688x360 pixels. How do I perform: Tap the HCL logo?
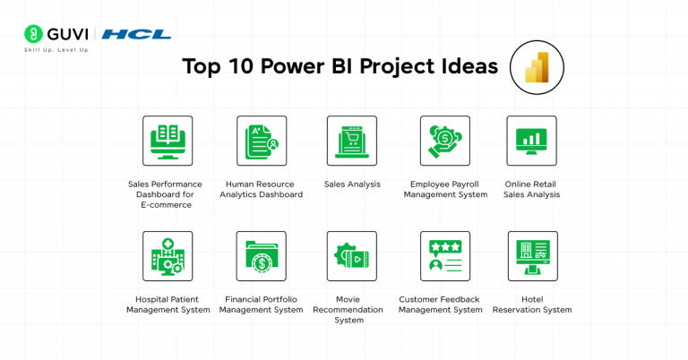click(x=136, y=34)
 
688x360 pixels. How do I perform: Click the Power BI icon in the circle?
click(x=537, y=68)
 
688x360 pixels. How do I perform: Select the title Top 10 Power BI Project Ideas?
click(x=340, y=68)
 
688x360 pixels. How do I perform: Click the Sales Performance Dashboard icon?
click(x=168, y=141)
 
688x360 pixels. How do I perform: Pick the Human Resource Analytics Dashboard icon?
click(x=262, y=141)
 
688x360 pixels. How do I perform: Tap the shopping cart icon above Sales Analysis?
click(x=351, y=141)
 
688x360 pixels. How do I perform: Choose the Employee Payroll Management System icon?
click(x=445, y=141)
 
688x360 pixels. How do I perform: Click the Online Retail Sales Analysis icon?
click(x=531, y=141)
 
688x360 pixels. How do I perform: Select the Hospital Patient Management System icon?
click(x=168, y=256)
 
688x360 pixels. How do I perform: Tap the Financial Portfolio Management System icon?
click(x=262, y=256)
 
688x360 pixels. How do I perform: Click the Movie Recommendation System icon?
click(x=351, y=256)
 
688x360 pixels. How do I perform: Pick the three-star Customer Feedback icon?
click(x=445, y=256)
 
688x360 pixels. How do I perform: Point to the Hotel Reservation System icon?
click(x=532, y=256)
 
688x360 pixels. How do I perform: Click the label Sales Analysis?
click(x=352, y=184)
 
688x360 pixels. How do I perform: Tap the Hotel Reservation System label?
click(x=532, y=304)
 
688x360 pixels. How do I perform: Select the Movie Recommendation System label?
click(x=351, y=309)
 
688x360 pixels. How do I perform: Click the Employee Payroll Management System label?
click(x=445, y=189)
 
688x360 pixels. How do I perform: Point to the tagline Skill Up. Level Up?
click(x=56, y=50)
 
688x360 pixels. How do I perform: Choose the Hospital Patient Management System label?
click(x=168, y=304)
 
